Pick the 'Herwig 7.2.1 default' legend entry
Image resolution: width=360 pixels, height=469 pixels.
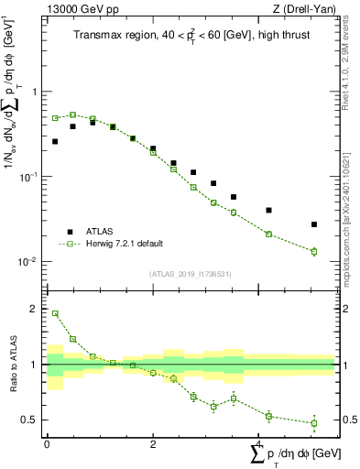pos(123,244)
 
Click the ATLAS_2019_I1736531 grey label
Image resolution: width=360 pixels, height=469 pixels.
pos(191,274)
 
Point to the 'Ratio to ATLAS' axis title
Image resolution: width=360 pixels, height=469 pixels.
pos(12,365)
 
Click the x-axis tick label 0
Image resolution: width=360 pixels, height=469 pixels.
pos(47,444)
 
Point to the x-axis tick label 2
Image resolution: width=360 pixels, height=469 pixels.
pos(152,444)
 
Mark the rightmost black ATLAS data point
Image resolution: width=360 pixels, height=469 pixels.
pos(313,224)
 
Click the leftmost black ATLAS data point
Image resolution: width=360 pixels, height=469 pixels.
pos(55,141)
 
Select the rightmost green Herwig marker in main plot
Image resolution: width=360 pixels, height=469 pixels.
pos(313,251)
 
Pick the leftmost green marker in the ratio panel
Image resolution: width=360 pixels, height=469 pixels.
pos(55,313)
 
